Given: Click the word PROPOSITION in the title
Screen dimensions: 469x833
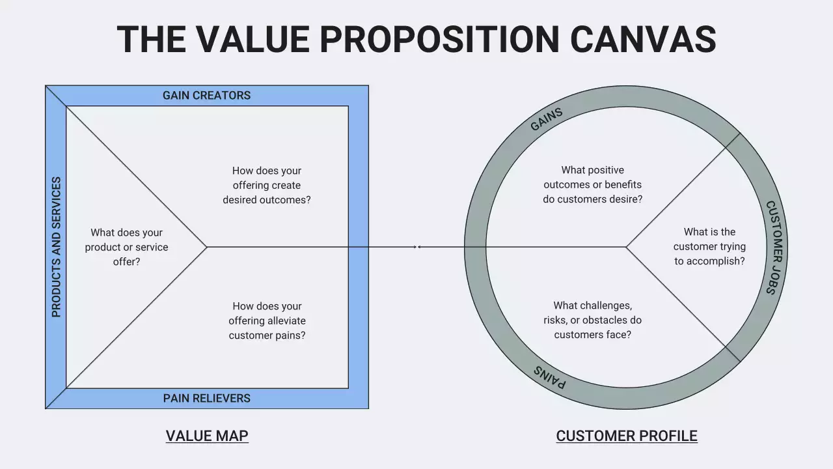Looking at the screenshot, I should pyautogui.click(x=439, y=39).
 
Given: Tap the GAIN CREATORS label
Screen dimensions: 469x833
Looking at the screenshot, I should pyautogui.click(x=206, y=96).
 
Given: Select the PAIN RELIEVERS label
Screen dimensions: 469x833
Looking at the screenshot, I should pyautogui.click(x=206, y=398).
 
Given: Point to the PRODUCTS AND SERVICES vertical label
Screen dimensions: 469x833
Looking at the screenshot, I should pyautogui.click(x=56, y=247).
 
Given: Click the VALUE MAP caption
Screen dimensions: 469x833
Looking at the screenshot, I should pyautogui.click(x=207, y=436).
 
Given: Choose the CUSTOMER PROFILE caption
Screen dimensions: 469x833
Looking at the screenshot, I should pyautogui.click(x=626, y=436).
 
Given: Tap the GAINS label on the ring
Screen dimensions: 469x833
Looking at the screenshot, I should pyautogui.click(x=546, y=119).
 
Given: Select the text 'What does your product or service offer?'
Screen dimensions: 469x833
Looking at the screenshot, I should pyautogui.click(x=126, y=247).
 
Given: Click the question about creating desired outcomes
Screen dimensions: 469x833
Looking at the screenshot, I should pyautogui.click(x=267, y=185).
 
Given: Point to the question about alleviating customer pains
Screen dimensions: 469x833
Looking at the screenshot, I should pyautogui.click(x=267, y=320).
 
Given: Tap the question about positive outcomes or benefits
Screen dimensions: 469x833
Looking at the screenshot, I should pyautogui.click(x=592, y=184).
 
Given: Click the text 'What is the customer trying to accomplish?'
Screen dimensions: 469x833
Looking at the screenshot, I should pyautogui.click(x=709, y=246).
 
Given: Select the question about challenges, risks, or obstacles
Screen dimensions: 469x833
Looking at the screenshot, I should pyautogui.click(x=592, y=320).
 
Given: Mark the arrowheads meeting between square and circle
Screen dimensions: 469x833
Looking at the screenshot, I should pyautogui.click(x=417, y=247).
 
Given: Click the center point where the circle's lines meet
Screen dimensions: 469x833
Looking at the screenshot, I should pyautogui.click(x=626, y=247).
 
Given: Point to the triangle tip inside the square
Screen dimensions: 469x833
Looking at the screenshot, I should pyautogui.click(x=206, y=247).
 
